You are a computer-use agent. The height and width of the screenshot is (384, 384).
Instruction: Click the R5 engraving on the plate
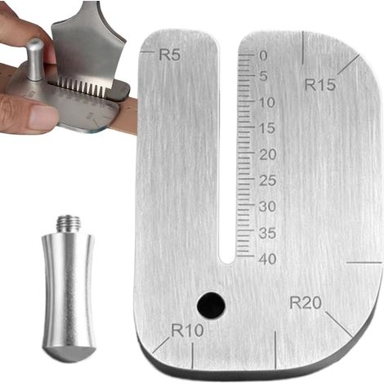tap(169, 55)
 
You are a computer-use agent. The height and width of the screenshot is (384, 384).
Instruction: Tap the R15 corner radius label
tap(319, 85)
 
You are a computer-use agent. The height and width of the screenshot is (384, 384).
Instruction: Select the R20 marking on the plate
tap(306, 302)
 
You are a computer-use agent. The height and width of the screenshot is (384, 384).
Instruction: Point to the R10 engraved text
tap(187, 330)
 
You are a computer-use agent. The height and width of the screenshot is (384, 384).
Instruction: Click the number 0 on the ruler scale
tap(263, 56)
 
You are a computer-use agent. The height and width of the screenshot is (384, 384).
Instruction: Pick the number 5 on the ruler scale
tap(263, 76)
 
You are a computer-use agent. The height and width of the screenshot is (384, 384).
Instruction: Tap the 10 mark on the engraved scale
tap(267, 102)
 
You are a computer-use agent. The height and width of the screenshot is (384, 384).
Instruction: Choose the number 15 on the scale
tap(267, 128)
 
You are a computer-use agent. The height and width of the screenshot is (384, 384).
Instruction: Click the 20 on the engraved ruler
tap(268, 154)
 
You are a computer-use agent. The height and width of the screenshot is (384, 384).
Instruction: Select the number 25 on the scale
tap(268, 181)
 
